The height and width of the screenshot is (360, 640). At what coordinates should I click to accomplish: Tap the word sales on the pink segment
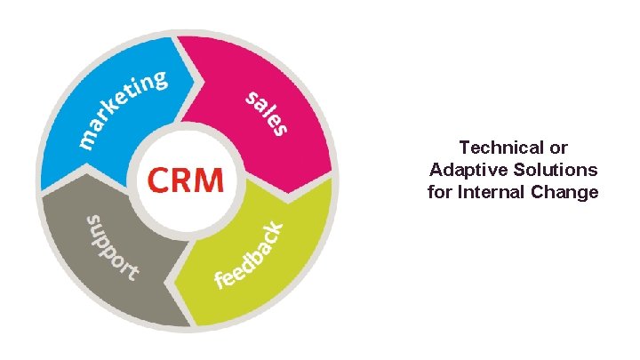[267, 112]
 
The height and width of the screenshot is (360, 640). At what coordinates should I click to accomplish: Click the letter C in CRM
[158, 180]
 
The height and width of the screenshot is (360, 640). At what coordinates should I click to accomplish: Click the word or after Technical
[559, 147]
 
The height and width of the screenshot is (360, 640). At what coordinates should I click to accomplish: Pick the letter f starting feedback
[219, 283]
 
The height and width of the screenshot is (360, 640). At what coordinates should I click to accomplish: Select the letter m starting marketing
[88, 138]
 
